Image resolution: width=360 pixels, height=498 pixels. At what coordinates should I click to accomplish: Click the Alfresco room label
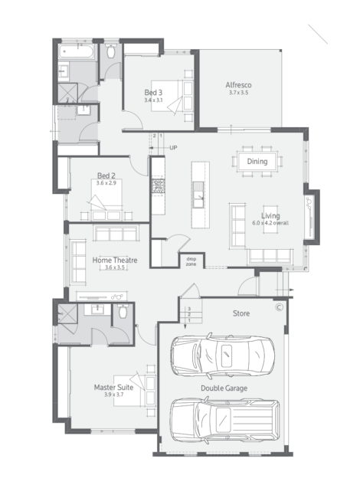pyautogui.click(x=238, y=85)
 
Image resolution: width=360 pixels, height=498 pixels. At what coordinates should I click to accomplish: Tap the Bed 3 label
pyautogui.click(x=153, y=93)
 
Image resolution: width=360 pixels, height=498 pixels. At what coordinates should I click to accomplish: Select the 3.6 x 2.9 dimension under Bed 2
pyautogui.click(x=106, y=183)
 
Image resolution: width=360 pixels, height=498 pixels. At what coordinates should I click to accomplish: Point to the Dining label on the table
pyautogui.click(x=257, y=162)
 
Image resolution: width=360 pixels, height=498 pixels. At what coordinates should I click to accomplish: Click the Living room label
pyautogui.click(x=270, y=216)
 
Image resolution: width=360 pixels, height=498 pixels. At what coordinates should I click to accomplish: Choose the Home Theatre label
pyautogui.click(x=115, y=260)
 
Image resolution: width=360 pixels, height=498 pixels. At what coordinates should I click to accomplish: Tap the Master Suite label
pyautogui.click(x=113, y=387)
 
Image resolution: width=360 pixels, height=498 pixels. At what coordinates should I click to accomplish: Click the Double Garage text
pyautogui.click(x=224, y=388)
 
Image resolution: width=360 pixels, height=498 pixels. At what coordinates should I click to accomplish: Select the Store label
pyautogui.click(x=241, y=313)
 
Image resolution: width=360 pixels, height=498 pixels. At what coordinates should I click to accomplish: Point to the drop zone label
pyautogui.click(x=191, y=261)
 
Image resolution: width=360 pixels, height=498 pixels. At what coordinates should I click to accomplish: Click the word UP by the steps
pyautogui.click(x=173, y=148)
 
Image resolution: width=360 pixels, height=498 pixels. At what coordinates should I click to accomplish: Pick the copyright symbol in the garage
pyautogui.click(x=279, y=307)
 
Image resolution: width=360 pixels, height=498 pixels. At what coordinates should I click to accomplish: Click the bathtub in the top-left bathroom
pyautogui.click(x=76, y=51)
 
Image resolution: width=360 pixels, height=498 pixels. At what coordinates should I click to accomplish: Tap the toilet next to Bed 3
pyautogui.click(x=111, y=51)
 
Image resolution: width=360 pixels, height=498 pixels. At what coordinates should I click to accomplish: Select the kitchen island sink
pyautogui.click(x=198, y=195)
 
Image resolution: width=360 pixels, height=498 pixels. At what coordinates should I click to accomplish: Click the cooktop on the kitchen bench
pyautogui.click(x=158, y=186)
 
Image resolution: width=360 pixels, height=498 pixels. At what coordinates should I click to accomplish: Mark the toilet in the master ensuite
pyautogui.click(x=123, y=311)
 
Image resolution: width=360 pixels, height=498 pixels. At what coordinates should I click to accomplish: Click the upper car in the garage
pyautogui.click(x=223, y=355)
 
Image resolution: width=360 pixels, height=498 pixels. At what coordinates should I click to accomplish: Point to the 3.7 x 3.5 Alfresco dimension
pyautogui.click(x=239, y=93)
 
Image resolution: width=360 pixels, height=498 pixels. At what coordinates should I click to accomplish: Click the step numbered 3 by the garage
pyautogui.click(x=189, y=309)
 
